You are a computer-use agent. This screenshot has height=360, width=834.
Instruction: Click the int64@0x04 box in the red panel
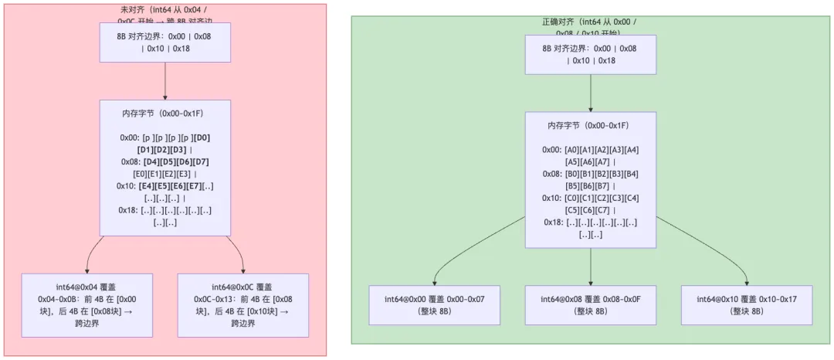87,305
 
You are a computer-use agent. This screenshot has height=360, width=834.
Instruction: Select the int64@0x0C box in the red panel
242,305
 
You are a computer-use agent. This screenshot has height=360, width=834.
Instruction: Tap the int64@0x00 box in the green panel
434,304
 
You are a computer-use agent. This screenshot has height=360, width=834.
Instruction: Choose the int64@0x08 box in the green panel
590,304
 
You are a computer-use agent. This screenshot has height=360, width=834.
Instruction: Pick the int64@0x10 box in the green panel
746,304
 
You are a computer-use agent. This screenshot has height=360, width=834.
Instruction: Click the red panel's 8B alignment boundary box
165,42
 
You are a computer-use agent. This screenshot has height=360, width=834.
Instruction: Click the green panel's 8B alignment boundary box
590,54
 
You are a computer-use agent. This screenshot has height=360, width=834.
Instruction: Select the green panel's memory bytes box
590,179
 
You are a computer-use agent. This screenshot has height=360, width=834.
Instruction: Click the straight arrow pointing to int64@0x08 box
590,267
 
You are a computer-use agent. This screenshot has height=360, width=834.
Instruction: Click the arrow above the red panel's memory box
165,80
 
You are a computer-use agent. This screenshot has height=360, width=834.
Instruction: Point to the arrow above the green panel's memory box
590,93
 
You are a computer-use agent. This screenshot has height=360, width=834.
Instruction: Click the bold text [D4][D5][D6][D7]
176,161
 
